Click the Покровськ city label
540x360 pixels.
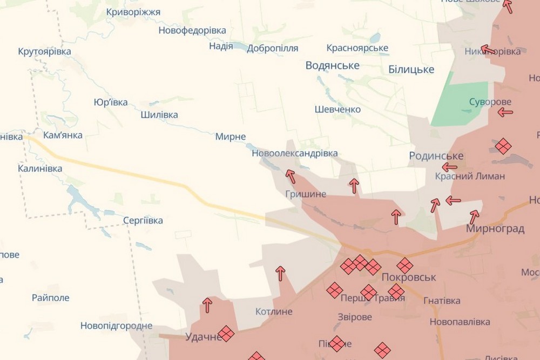click(x=408, y=276)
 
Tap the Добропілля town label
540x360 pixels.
click(x=272, y=49)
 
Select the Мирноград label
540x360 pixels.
click(x=495, y=229)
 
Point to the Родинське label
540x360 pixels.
click(x=436, y=156)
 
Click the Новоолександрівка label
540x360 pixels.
click(x=294, y=153)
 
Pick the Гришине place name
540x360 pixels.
click(x=306, y=194)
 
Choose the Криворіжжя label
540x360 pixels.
click(x=133, y=12)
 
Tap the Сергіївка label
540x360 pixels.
click(x=143, y=220)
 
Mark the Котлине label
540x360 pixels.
click(x=274, y=311)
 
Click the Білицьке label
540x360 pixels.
click(x=411, y=70)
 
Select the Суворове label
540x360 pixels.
click(x=490, y=101)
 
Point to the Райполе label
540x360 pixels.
click(x=50, y=298)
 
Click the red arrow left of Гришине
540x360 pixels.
click(x=291, y=176)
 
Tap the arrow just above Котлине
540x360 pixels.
click(x=280, y=273)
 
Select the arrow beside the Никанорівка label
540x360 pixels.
click(x=488, y=50)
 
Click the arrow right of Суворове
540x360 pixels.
click(x=505, y=112)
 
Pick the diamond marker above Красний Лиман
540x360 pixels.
click(x=503, y=146)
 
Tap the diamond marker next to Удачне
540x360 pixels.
click(x=226, y=334)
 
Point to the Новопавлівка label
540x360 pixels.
click(x=460, y=322)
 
